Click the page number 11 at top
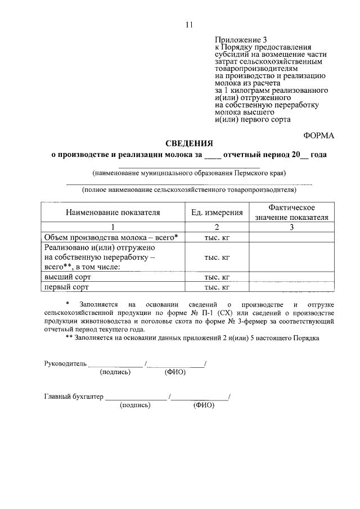pos(188,24)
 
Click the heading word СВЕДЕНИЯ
pos(188,143)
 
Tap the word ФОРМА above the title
pos(319,135)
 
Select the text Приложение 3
pos(239,39)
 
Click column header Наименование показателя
pos(112,213)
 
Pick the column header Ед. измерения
pos(217,213)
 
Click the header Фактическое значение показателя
pos(291,213)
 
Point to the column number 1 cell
pos(112,227)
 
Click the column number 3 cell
pos(291,227)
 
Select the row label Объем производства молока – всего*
pos(111,237)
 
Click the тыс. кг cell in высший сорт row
pos(217,277)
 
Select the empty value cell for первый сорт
pos(291,287)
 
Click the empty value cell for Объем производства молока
pos(291,237)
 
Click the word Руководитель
pos(65,363)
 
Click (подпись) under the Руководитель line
pos(115,372)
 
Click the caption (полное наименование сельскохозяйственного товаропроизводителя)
pos(189,190)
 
